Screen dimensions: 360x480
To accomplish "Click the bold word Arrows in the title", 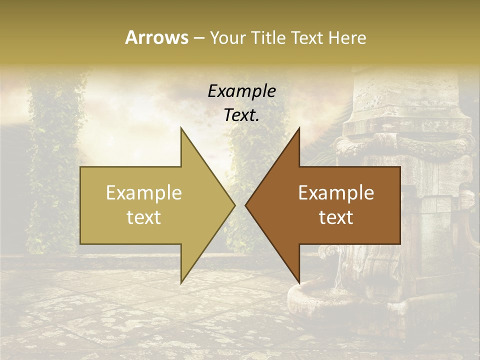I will click(x=157, y=37).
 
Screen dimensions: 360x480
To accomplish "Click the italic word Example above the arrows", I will click(x=242, y=91).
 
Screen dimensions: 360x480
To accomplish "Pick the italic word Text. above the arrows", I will click(x=242, y=115).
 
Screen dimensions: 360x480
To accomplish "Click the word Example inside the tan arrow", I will click(x=144, y=192).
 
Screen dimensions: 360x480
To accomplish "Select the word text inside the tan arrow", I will click(x=144, y=217).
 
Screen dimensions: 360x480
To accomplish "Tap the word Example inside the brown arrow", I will click(x=336, y=192).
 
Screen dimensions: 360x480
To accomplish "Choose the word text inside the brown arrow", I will click(x=336, y=217).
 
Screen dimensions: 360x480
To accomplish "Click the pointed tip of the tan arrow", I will click(x=233, y=205).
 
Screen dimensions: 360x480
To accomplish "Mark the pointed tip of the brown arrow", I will click(x=246, y=205).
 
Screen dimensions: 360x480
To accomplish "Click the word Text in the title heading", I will click(x=308, y=37).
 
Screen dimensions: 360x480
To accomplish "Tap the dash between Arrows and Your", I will click(x=198, y=38).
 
